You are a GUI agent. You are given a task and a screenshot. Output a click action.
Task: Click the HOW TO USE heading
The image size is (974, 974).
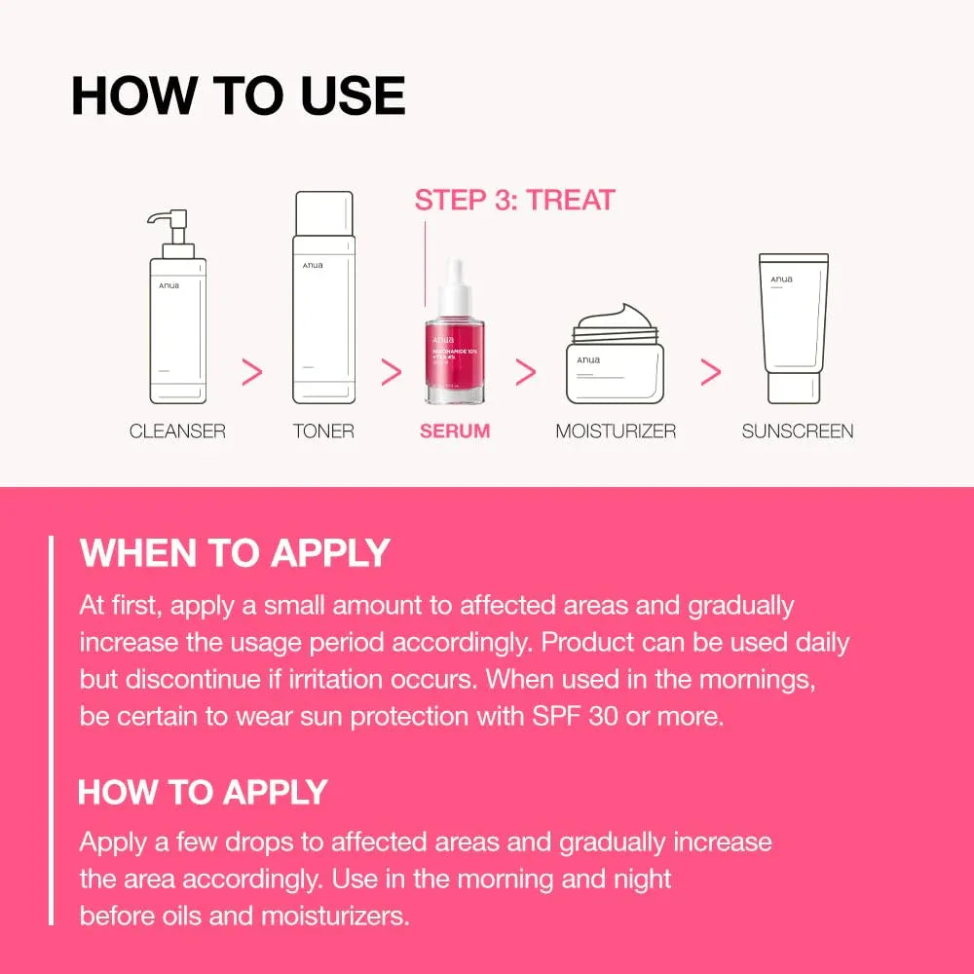[238, 96]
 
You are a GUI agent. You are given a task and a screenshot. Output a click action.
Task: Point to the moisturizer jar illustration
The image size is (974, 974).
[616, 360]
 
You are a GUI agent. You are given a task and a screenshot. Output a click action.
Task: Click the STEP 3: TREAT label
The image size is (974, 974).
[514, 201]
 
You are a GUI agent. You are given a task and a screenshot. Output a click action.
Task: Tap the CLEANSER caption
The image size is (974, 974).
[177, 431]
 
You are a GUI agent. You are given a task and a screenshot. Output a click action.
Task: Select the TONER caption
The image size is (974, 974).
[323, 431]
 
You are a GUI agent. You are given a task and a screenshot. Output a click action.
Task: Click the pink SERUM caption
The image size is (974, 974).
[455, 431]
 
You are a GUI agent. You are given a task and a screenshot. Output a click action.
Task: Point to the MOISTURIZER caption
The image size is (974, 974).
[616, 431]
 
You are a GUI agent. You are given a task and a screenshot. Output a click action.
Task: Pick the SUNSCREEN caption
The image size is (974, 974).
[798, 431]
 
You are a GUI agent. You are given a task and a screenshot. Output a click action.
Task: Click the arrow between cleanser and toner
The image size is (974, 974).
[251, 371]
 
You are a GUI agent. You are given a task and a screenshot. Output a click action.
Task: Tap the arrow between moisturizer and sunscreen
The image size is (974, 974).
[711, 371]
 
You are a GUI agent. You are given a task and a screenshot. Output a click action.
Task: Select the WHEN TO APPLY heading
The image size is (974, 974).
[235, 552]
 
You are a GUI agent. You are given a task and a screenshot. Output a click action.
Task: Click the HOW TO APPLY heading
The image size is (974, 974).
[203, 792]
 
